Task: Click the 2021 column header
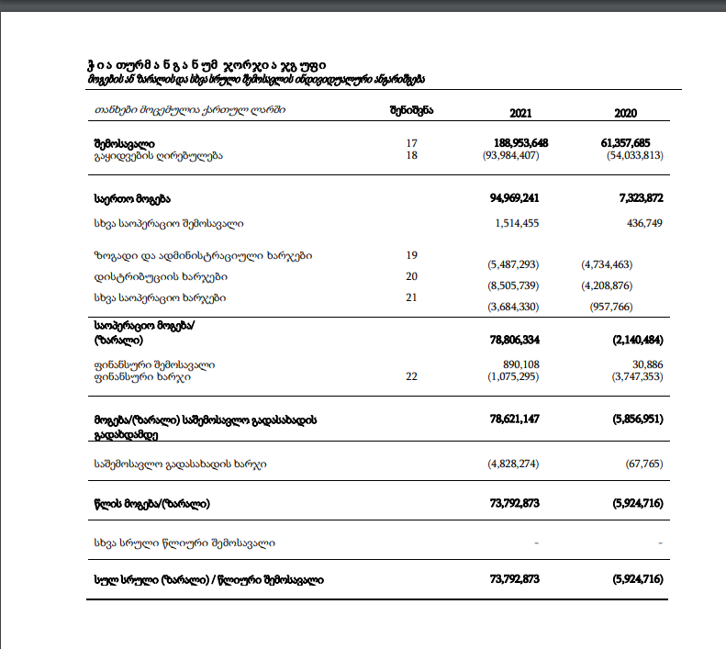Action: click(520, 112)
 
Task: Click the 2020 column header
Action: click(626, 112)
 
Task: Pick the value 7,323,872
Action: click(634, 198)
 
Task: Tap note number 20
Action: click(411, 276)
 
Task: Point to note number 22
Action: click(411, 376)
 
